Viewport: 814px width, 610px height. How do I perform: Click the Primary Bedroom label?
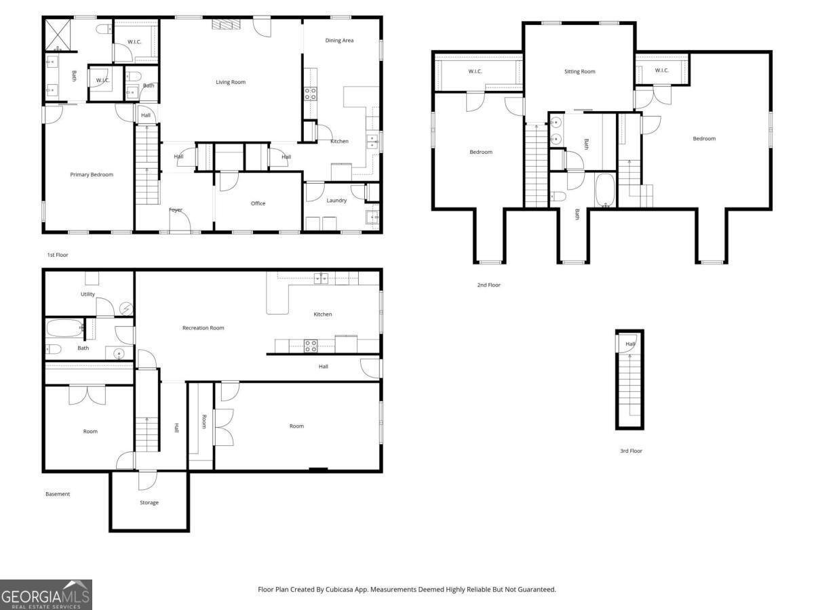click(x=92, y=175)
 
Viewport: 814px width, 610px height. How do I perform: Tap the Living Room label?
click(x=231, y=83)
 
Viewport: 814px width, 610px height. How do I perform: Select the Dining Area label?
click(x=339, y=41)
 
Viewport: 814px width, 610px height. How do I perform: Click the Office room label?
click(x=258, y=203)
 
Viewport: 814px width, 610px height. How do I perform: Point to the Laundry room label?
click(x=336, y=201)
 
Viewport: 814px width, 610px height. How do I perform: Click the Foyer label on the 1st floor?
click(x=176, y=210)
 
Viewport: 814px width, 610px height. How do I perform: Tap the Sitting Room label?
click(x=580, y=72)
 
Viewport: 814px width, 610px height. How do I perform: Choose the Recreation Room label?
click(x=203, y=328)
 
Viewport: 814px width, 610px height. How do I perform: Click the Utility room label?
click(x=88, y=294)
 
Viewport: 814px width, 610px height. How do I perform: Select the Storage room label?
click(x=149, y=503)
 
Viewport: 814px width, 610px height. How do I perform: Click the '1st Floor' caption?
click(x=58, y=256)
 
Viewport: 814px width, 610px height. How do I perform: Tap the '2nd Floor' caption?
click(x=488, y=285)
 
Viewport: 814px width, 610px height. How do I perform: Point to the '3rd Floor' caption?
click(x=631, y=451)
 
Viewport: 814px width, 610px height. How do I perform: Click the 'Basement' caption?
click(x=58, y=494)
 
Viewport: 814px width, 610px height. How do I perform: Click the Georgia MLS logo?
click(x=46, y=594)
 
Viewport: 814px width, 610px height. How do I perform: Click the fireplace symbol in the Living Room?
click(x=227, y=25)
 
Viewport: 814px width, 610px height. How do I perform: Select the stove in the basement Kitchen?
click(x=311, y=346)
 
